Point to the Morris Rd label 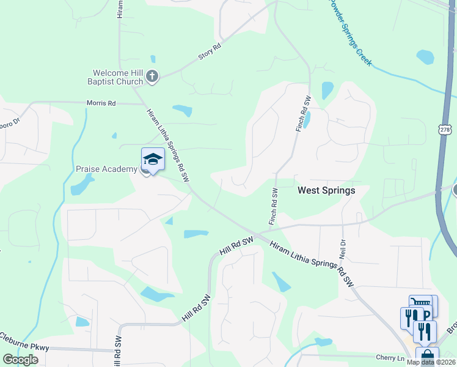(101, 103)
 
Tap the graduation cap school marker (153, 160)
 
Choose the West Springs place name (326, 190)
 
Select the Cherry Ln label (390, 357)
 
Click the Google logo (20, 360)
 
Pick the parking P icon (427, 314)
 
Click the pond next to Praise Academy (82, 184)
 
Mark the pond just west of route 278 (425, 57)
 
